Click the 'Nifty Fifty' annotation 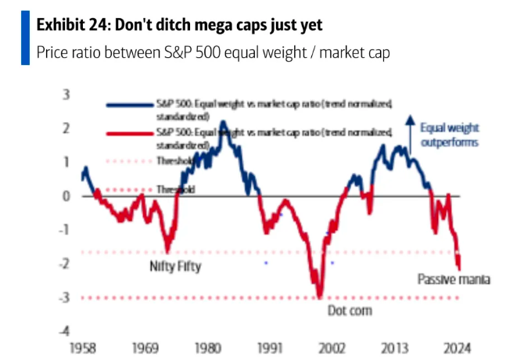tap(175, 266)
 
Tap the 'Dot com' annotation tap(349, 311)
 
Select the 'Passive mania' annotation tap(454, 279)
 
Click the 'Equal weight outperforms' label tap(450, 135)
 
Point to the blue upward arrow tap(409, 129)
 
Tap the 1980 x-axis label tap(206, 347)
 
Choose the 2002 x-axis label tap(332, 347)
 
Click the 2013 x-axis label tap(396, 347)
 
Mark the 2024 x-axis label tap(458, 347)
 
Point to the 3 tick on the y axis tap(66, 95)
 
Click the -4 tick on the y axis tap(65, 331)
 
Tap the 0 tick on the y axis tap(66, 196)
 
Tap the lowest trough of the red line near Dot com tap(319, 296)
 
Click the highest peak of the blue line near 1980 tap(223, 122)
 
